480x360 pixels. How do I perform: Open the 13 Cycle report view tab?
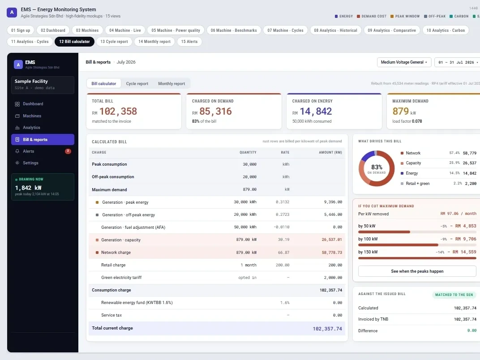click(114, 42)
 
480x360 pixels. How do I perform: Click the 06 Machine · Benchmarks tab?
click(234, 30)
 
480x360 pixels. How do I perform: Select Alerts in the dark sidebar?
click(29, 151)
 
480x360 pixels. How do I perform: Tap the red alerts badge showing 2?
click(68, 151)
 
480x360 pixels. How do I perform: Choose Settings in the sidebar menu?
click(30, 163)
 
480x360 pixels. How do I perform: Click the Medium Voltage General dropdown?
click(404, 62)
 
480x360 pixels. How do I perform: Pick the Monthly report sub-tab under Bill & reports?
click(171, 84)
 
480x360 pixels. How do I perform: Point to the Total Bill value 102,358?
click(118, 111)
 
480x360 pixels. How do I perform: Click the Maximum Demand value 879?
click(401, 111)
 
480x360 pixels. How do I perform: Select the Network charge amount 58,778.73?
click(332, 253)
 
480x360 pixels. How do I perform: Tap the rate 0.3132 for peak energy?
click(282, 202)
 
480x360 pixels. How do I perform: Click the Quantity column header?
click(248, 152)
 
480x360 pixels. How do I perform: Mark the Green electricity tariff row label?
click(121, 278)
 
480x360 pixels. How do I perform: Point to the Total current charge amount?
click(327, 329)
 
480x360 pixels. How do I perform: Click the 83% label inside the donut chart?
click(377, 167)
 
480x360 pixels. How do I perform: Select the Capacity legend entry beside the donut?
click(413, 163)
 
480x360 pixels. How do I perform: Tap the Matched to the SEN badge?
click(454, 295)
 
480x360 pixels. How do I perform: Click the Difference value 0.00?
click(472, 330)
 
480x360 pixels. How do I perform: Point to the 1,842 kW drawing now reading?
click(28, 188)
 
